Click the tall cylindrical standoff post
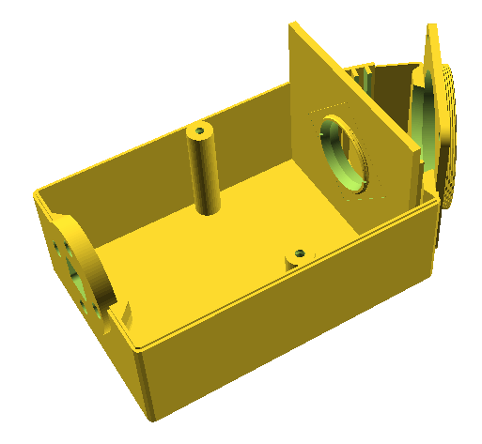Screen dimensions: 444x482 click(204, 174)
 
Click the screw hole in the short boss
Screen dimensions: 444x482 click(299, 253)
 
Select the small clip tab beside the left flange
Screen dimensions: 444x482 click(122, 313)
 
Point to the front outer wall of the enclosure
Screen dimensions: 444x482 click(282, 329)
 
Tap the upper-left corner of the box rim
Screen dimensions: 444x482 click(38, 195)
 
